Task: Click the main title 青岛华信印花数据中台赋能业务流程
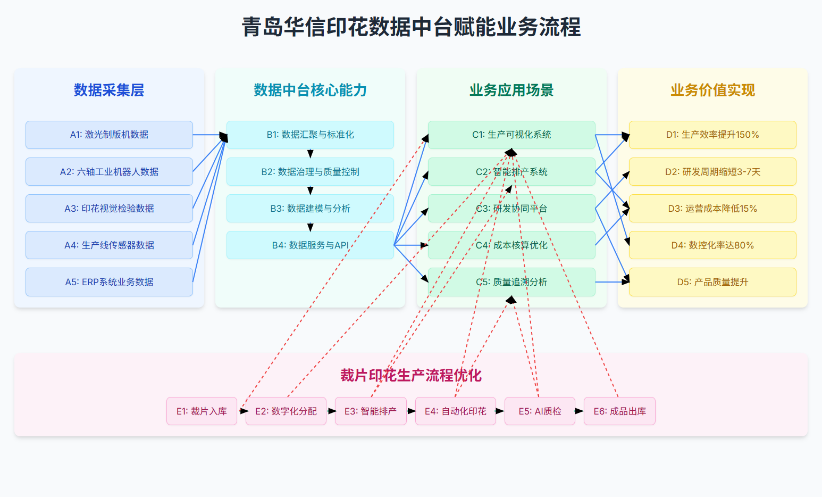point(411,27)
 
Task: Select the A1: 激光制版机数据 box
point(109,135)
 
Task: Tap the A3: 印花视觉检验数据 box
point(109,209)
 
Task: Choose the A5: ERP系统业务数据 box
point(109,282)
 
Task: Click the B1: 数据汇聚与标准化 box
point(310,135)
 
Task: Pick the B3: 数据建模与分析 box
point(310,209)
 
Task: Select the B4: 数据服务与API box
point(310,245)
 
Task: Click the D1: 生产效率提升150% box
point(712,135)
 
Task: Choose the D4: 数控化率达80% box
point(712,245)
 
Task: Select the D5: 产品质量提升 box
point(712,282)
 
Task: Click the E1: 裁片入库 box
point(202,411)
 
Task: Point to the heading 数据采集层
point(109,90)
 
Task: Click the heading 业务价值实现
point(712,90)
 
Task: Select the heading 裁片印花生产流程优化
point(411,376)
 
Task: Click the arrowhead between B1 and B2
point(311,154)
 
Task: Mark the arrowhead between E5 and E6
point(580,411)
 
